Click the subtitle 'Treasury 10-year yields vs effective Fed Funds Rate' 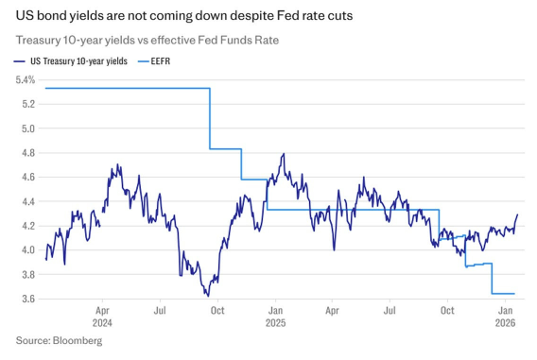pyautogui.click(x=152, y=40)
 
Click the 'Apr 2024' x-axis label pyautogui.click(x=103, y=315)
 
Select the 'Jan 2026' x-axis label pyautogui.click(x=506, y=315)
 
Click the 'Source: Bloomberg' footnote pyautogui.click(x=59, y=340)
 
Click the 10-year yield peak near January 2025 pyautogui.click(x=283, y=154)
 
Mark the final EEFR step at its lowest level pyautogui.click(x=503, y=294)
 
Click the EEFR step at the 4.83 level pyautogui.click(x=225, y=148)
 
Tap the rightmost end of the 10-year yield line pyautogui.click(x=518, y=214)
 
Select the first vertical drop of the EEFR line pyautogui.click(x=210, y=118)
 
